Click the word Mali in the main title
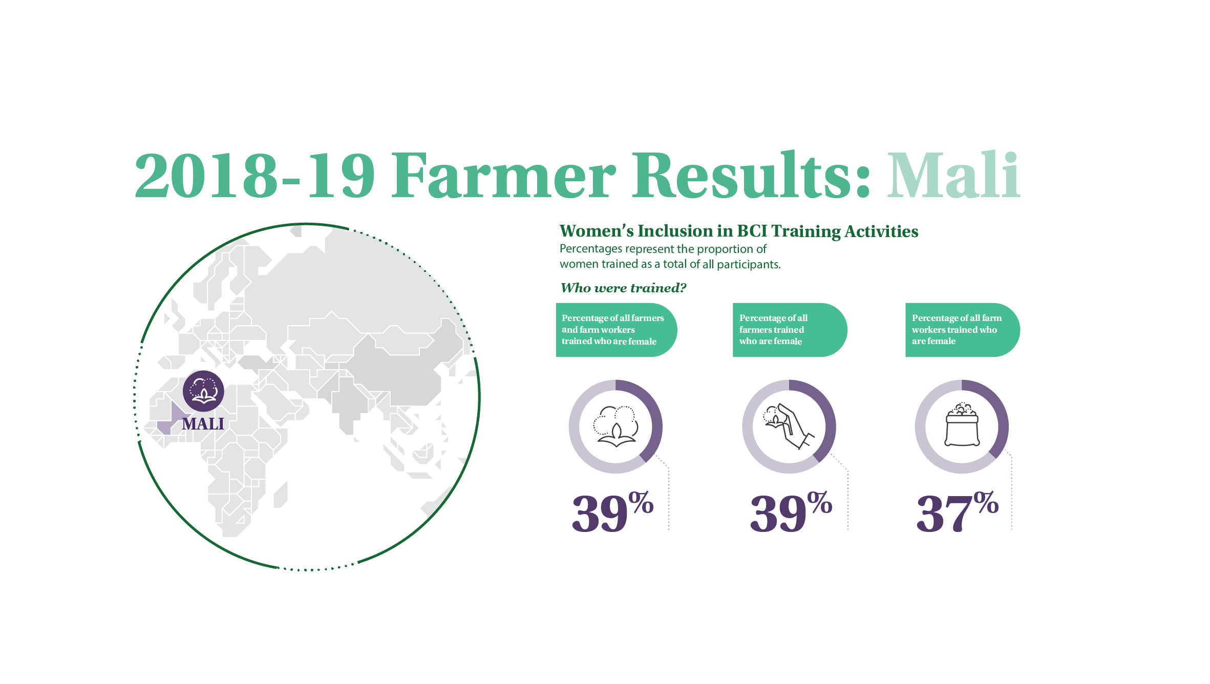(953, 175)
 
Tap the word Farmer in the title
(504, 175)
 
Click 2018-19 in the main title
(255, 175)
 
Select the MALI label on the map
(203, 424)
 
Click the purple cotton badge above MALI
(203, 391)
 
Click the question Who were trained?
(623, 288)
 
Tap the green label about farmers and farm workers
(616, 330)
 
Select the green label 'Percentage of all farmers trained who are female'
(790, 330)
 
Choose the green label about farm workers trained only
(962, 330)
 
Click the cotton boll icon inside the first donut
(616, 426)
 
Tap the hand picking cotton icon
(789, 426)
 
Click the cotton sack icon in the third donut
(962, 424)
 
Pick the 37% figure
(957, 511)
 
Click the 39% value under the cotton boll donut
(612, 511)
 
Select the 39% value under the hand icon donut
(791, 511)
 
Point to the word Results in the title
(751, 175)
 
